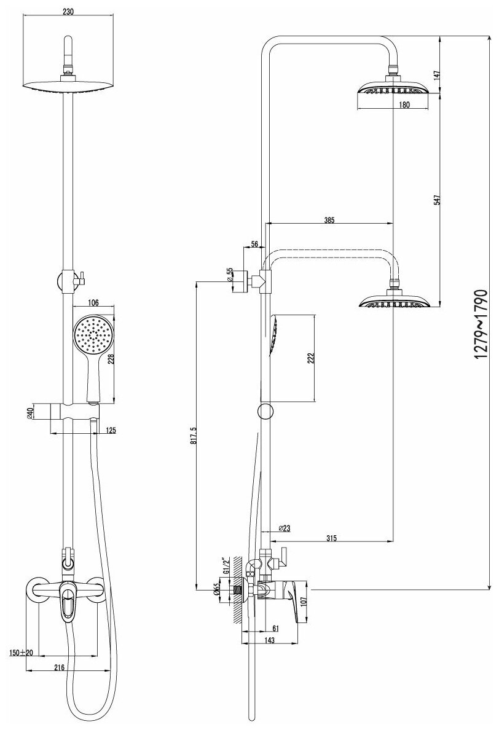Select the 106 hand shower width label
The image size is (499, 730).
93,302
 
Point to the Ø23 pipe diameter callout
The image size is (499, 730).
284,528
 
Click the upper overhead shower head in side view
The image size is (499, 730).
393,90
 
